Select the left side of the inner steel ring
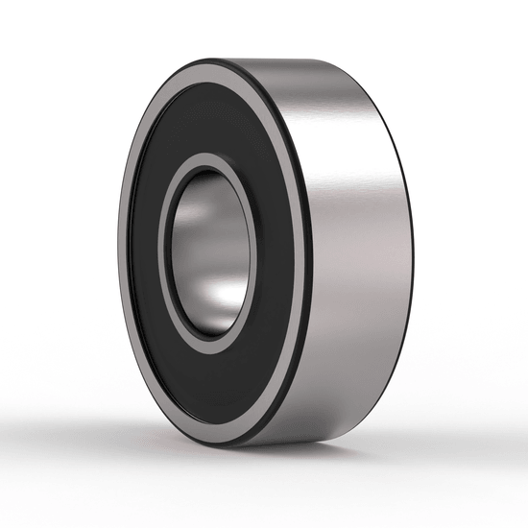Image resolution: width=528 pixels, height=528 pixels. (x=165, y=252)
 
